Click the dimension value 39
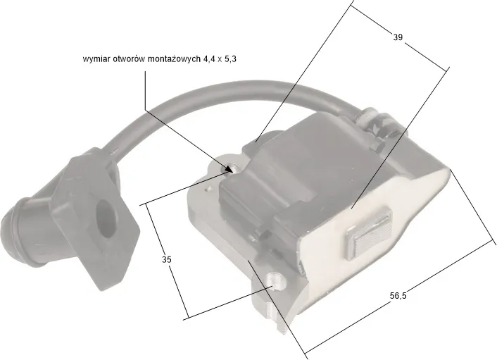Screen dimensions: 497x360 pyautogui.click(x=398, y=37)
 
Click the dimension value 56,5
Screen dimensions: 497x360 pyautogui.click(x=398, y=296)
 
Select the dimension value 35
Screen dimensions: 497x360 pyautogui.click(x=167, y=259)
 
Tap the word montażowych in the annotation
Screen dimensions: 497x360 pyautogui.click(x=173, y=59)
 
